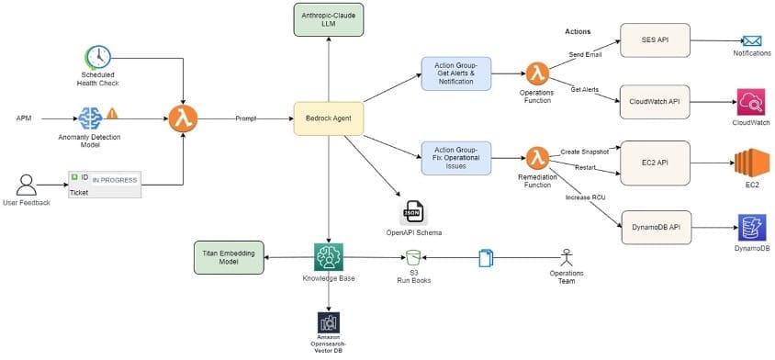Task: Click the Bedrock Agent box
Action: coord(329,118)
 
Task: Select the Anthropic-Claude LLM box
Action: coord(329,20)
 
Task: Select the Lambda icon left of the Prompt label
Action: coord(183,118)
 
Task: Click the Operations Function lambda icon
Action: coord(536,73)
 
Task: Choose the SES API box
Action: coord(655,39)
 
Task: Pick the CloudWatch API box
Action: coord(655,100)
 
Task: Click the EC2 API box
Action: coord(655,163)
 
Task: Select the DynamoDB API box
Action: coord(655,226)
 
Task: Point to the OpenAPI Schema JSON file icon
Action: coord(413,211)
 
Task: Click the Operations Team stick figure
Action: coord(567,256)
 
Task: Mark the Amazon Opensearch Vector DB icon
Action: coord(328,322)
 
